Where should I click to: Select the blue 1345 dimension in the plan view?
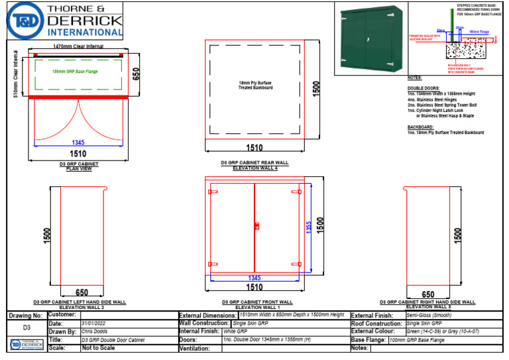point(78,142)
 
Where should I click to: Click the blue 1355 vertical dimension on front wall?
point(308,227)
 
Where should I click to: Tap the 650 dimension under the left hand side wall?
point(82,292)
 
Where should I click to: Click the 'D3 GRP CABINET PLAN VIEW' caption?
point(79,166)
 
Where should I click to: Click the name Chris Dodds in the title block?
point(95,331)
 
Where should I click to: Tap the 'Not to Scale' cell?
point(95,347)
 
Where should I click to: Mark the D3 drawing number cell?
point(27,328)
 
